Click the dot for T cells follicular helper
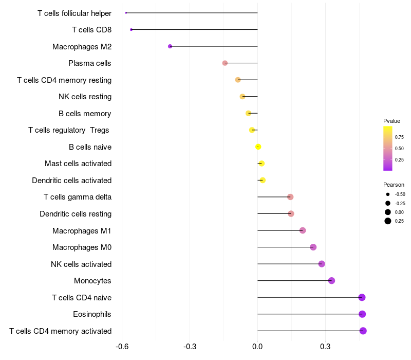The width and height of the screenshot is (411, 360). [x=126, y=13]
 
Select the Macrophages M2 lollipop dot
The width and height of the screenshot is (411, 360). [x=170, y=46]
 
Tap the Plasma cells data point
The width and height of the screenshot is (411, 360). [x=225, y=63]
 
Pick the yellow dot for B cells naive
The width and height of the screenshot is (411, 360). [x=258, y=147]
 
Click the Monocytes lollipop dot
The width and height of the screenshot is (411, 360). [x=331, y=281]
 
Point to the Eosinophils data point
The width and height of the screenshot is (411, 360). [x=362, y=314]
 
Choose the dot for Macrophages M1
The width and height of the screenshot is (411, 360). [x=303, y=230]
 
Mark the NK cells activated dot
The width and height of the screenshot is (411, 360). [x=322, y=264]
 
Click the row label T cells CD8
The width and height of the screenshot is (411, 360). [x=91, y=30]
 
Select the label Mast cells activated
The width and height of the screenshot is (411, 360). [x=78, y=164]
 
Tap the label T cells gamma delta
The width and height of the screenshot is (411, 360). [x=78, y=197]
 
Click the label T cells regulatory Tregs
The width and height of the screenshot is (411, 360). [x=69, y=130]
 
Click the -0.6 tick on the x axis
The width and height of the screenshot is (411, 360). [x=122, y=347]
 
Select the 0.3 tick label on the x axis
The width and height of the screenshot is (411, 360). [x=325, y=347]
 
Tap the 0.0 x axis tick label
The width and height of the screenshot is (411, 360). [x=257, y=347]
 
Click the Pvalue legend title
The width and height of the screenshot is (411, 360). [x=391, y=121]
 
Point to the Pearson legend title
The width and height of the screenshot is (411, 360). [x=394, y=185]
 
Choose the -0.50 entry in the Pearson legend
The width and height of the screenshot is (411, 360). [x=400, y=194]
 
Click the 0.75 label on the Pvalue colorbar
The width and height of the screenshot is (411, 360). [x=399, y=137]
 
